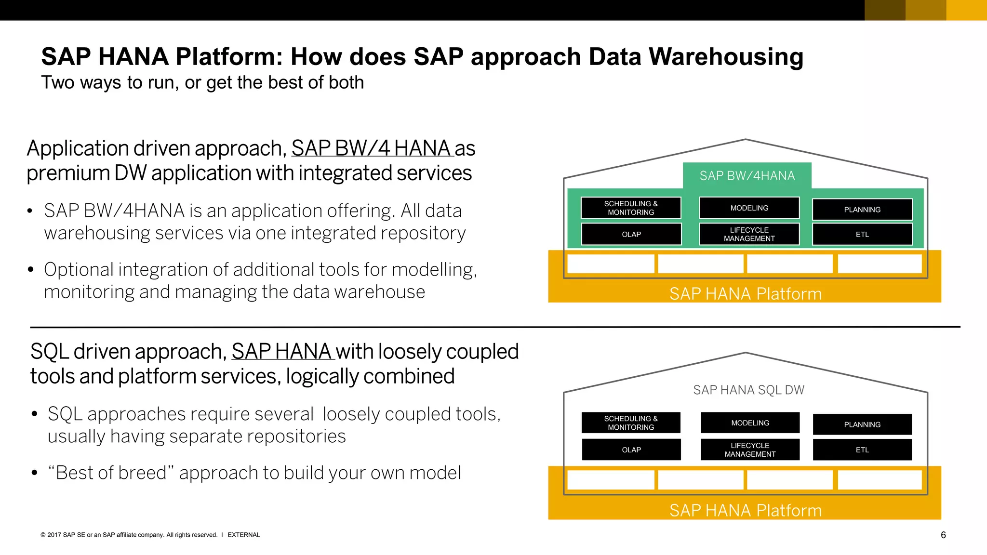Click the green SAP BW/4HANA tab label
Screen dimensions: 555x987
pos(747,176)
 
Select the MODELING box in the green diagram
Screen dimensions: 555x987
pos(749,208)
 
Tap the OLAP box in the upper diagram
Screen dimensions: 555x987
pos(631,234)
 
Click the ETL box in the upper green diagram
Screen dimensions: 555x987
pos(862,234)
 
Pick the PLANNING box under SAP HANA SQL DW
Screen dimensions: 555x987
pos(862,424)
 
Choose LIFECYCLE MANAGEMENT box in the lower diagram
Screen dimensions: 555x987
pos(750,449)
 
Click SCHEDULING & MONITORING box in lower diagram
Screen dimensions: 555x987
pos(631,423)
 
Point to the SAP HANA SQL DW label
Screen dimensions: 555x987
pos(748,390)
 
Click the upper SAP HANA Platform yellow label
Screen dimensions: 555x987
pos(745,293)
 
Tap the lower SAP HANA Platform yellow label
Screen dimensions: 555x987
pos(745,510)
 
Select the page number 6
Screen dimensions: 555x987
pos(943,535)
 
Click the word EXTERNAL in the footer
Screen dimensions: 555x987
pos(243,535)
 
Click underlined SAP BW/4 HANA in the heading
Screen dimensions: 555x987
pos(372,148)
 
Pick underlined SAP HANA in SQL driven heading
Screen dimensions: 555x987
pos(282,352)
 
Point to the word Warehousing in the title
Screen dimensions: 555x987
pos(726,57)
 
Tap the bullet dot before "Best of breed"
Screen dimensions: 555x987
pos(34,473)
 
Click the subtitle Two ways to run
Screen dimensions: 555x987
pos(202,82)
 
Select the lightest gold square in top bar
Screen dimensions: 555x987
pos(966,10)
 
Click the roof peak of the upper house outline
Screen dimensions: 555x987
pos(746,140)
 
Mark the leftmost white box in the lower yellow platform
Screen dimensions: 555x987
pos(611,480)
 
